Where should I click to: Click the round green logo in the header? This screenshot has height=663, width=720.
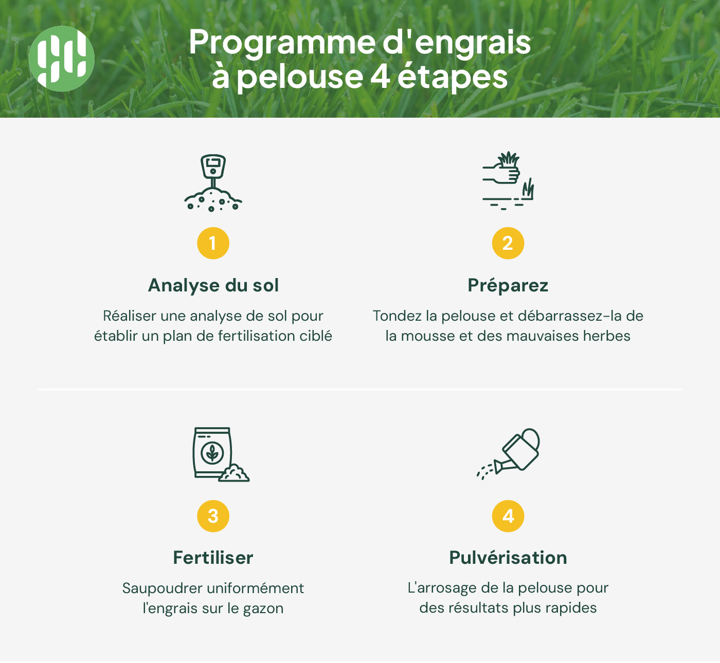click(62, 59)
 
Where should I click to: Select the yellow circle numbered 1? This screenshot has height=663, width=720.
click(213, 243)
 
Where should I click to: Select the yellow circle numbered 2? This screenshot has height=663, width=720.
click(508, 243)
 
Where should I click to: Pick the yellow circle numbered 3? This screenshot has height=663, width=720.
click(213, 516)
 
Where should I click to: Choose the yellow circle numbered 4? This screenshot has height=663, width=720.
click(508, 516)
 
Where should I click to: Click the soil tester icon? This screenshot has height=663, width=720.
click(213, 183)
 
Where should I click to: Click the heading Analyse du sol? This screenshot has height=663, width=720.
click(213, 285)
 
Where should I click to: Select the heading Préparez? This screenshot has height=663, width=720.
click(508, 285)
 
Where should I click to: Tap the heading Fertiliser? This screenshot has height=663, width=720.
click(213, 558)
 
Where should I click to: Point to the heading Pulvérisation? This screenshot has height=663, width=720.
click(508, 558)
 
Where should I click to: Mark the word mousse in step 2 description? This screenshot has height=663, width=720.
click(425, 336)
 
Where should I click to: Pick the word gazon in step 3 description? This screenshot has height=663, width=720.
click(263, 609)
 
